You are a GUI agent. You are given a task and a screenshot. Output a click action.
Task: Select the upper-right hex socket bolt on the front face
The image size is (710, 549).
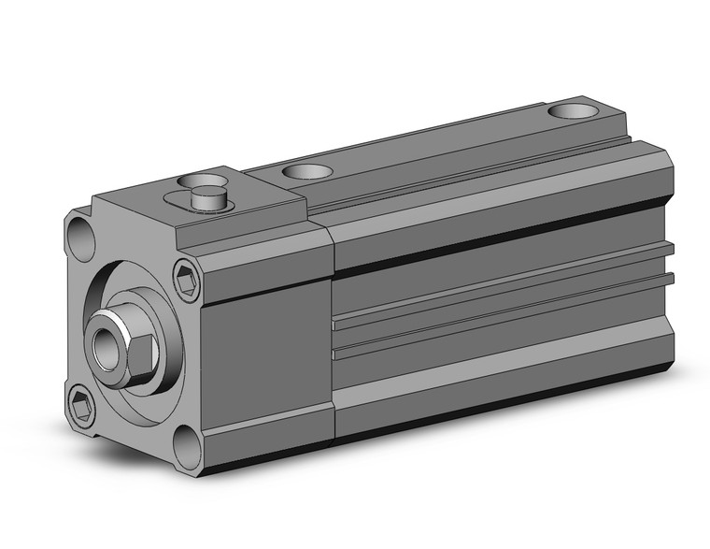point(187,279)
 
